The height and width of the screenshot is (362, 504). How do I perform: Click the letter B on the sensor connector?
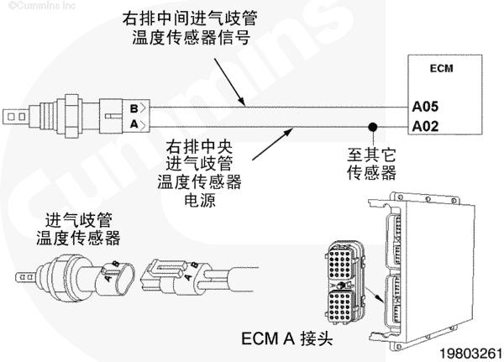(134, 108)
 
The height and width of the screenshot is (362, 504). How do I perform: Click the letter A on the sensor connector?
(134, 125)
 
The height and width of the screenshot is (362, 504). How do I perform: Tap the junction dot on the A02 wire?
(370, 128)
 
